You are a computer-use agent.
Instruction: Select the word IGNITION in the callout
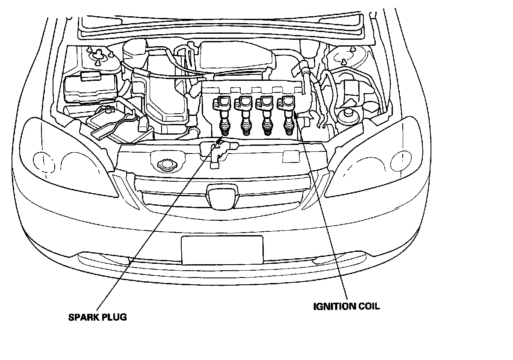click(335, 306)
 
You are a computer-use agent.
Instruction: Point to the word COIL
click(369, 306)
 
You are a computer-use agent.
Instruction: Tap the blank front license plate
click(222, 250)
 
